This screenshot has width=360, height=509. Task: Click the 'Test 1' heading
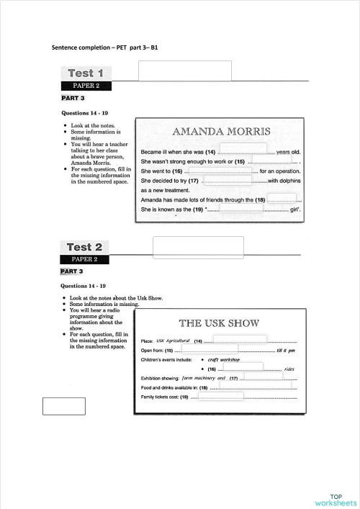click(x=86, y=73)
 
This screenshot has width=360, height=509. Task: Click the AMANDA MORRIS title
click(x=221, y=132)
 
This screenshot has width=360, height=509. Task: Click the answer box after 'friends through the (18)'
click(x=281, y=199)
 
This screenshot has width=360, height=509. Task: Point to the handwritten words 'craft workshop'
click(x=224, y=359)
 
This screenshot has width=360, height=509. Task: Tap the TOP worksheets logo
click(x=336, y=500)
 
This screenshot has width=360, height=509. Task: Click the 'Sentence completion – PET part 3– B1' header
click(x=105, y=47)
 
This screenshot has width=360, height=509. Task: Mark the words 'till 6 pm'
click(x=286, y=350)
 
